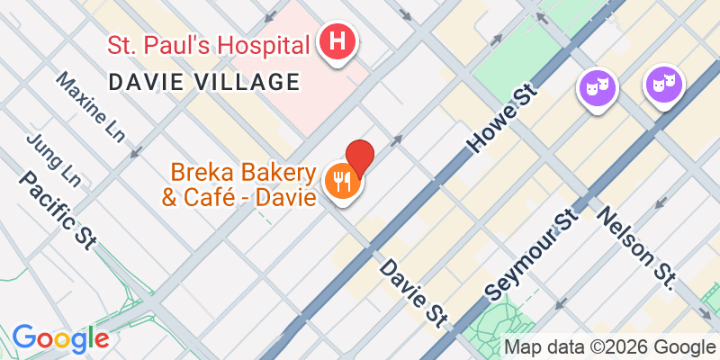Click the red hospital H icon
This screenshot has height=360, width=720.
click(x=337, y=42)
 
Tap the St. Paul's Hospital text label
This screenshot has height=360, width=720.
click(x=209, y=43)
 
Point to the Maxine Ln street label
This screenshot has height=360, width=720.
click(x=90, y=107)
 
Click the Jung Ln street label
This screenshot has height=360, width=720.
click(x=54, y=160)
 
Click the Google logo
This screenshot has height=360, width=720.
click(x=60, y=337)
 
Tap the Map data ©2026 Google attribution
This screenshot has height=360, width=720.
click(x=609, y=346)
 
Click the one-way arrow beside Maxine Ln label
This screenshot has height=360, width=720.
click(x=135, y=151)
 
